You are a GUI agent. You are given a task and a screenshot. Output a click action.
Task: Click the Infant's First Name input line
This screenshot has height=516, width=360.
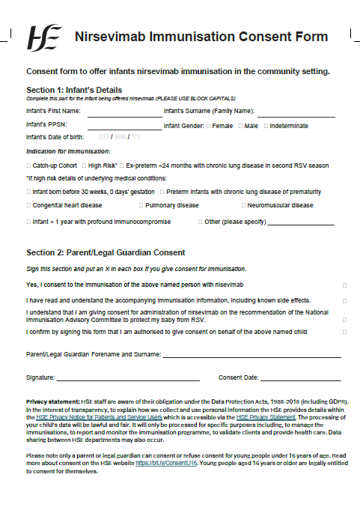[124, 115]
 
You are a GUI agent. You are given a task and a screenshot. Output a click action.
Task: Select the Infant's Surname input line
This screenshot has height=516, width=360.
[296, 115]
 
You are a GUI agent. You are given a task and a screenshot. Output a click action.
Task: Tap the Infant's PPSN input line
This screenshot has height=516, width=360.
[124, 128]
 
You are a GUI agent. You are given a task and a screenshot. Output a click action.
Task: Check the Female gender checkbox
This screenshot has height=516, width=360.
[209, 126]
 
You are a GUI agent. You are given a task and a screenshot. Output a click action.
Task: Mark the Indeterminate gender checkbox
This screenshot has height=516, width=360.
[266, 126]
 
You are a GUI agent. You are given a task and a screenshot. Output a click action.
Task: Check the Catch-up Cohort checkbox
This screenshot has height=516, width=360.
[28, 165]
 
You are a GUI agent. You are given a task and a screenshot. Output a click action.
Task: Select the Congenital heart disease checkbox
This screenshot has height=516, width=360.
[28, 204]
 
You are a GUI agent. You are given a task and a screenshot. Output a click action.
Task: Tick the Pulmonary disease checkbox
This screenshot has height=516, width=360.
[141, 204]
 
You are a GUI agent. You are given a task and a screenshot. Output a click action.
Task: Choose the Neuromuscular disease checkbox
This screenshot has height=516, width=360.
[244, 204]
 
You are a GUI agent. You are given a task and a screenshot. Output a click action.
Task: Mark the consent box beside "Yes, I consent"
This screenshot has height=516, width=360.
[344, 285]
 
